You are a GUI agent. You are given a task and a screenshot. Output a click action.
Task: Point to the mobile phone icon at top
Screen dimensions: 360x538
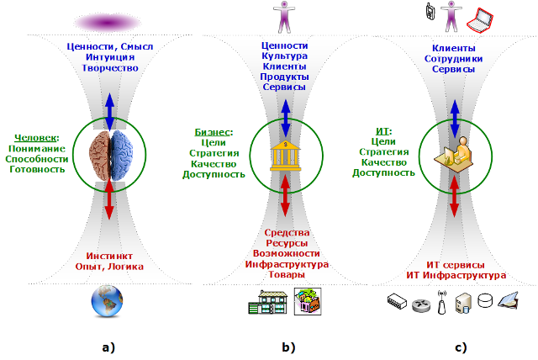point(430,12)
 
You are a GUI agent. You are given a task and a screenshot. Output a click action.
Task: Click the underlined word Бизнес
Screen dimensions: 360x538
point(213,131)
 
